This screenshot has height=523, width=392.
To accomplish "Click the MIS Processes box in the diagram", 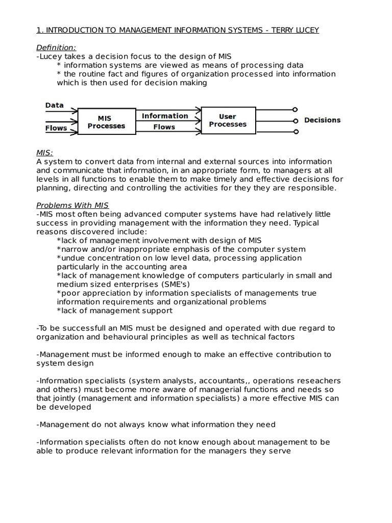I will pos(106,121).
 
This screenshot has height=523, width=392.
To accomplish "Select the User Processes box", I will pos(228,121).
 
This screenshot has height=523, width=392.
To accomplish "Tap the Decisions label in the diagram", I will pos(322,121).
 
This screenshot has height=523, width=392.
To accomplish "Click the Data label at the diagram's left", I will pos(55,105).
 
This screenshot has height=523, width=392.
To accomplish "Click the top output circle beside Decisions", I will pos(295,109).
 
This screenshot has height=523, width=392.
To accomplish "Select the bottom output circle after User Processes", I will pos(295,132).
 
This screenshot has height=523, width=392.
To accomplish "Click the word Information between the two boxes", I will pos(164,116).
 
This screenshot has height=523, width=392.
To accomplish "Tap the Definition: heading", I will pos(56,47).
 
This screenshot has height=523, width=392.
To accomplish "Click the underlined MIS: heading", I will pos(45,153).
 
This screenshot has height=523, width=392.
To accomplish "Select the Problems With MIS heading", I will pos(72,205).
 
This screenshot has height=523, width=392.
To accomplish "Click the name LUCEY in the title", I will pos(304,30).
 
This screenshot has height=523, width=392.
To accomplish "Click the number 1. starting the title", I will pos(39,30).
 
